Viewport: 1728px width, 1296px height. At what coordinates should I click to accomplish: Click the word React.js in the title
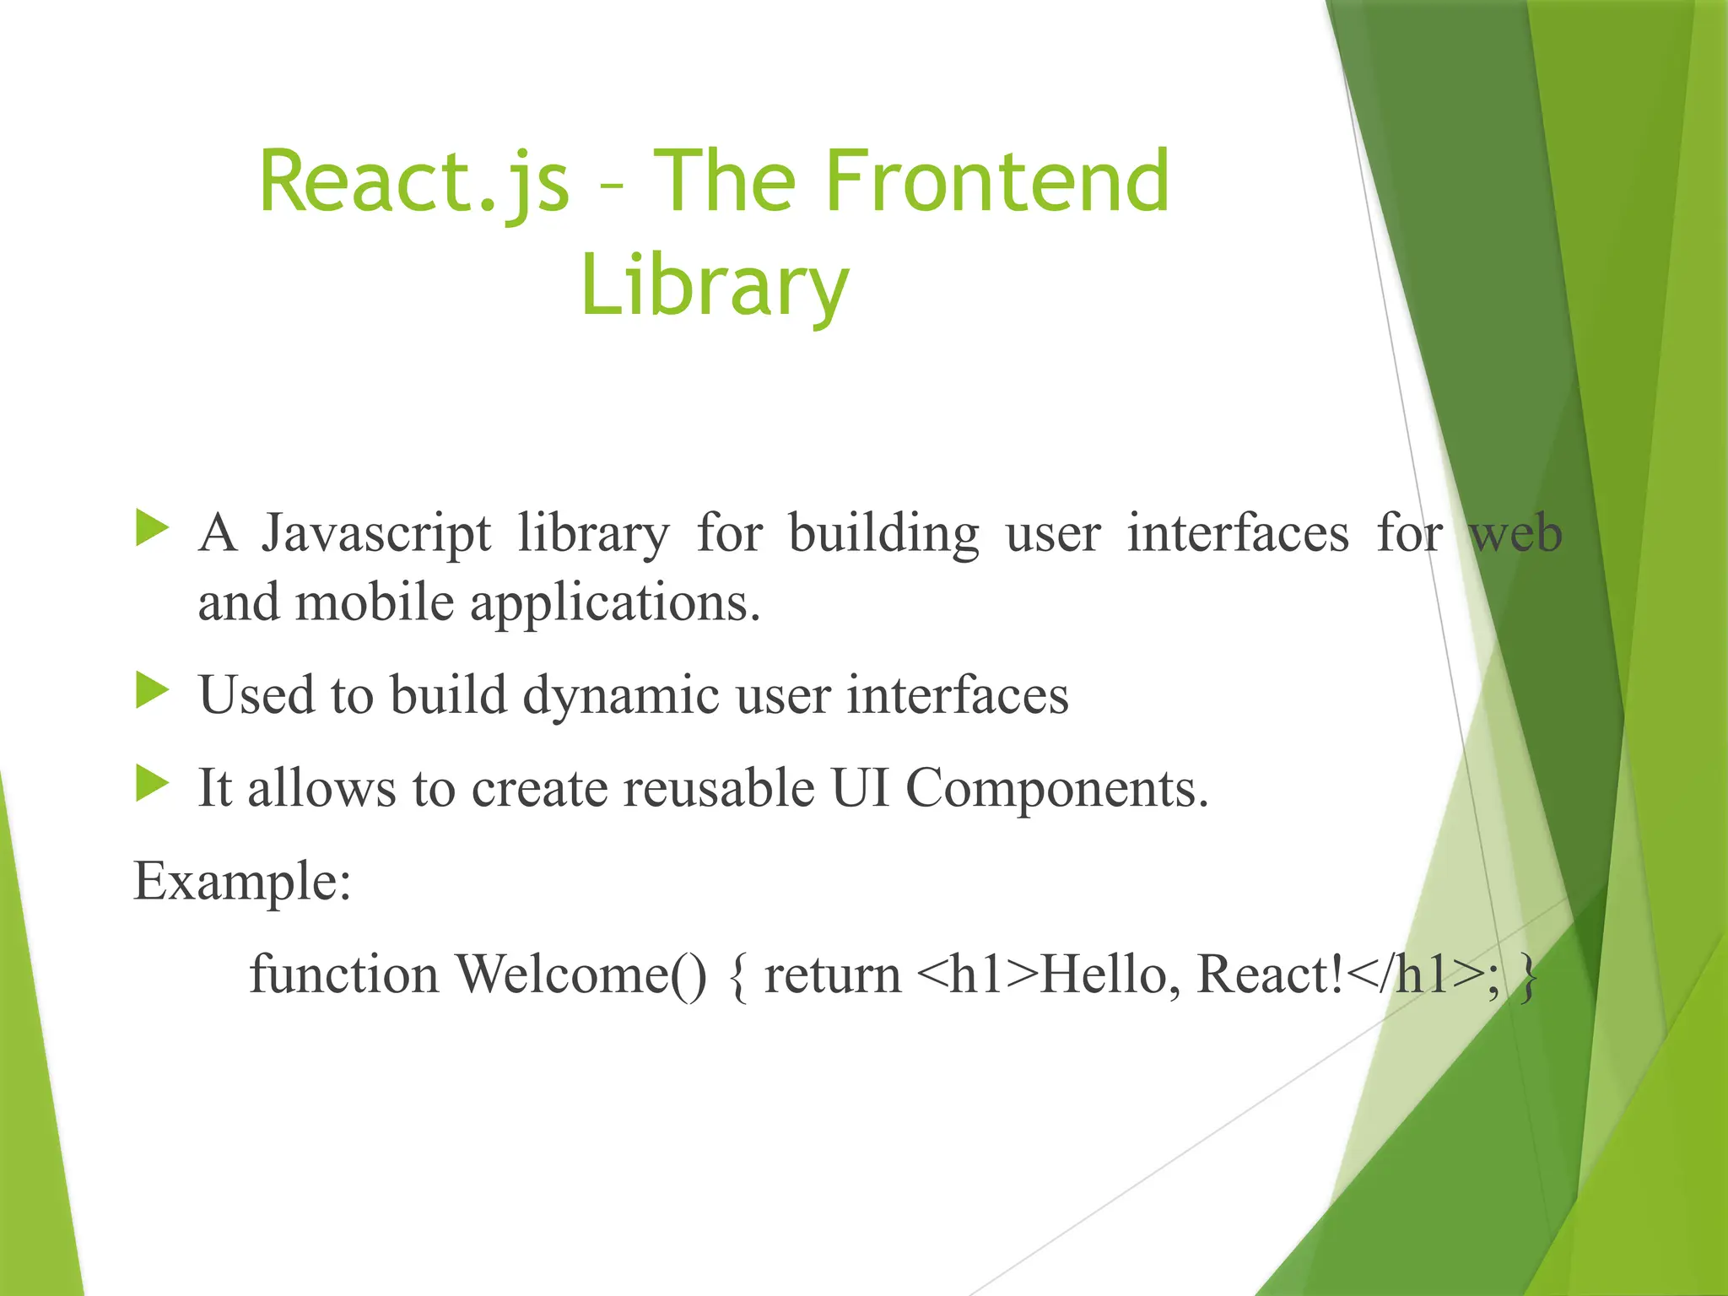click(x=414, y=181)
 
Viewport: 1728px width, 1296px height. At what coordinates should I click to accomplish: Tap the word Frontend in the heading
click(x=996, y=181)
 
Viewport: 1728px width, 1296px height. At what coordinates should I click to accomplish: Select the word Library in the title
click(x=714, y=285)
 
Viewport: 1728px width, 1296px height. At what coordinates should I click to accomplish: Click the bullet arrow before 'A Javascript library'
click(x=152, y=528)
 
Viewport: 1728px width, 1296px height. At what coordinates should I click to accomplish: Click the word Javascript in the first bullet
click(x=375, y=535)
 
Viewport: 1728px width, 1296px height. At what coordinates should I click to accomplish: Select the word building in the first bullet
click(x=883, y=535)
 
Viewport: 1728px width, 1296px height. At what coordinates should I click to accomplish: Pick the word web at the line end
click(x=1516, y=535)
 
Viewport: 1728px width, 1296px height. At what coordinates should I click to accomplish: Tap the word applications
click(x=615, y=604)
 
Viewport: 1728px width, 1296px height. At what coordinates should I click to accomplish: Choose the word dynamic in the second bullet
click(x=621, y=695)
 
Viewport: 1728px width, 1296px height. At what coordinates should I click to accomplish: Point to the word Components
click(x=1056, y=790)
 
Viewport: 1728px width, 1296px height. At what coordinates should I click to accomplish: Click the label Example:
click(x=242, y=881)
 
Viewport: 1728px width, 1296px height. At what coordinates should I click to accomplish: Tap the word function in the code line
click(x=343, y=974)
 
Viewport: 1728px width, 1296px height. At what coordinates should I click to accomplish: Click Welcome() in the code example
click(x=581, y=974)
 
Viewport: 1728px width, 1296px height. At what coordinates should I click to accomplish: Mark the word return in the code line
click(x=832, y=975)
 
